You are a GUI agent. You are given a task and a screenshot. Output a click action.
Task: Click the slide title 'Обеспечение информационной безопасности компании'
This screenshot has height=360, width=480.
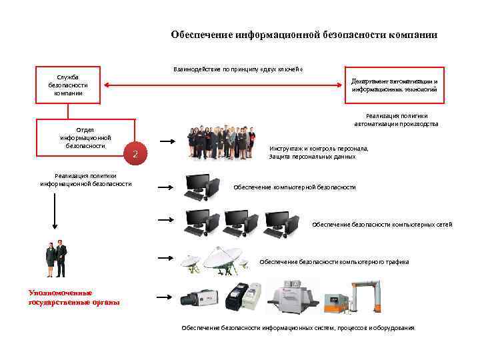click(x=304, y=35)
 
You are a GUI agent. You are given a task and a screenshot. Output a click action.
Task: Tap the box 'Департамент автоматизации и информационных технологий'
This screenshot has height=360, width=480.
click(x=394, y=85)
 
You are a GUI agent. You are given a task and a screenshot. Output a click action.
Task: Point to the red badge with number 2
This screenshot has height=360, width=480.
click(x=135, y=155)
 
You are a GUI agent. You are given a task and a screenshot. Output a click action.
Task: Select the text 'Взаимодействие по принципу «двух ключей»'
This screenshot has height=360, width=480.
click(x=238, y=68)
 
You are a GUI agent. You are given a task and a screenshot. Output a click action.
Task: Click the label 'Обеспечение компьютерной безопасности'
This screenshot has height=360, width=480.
click(x=294, y=188)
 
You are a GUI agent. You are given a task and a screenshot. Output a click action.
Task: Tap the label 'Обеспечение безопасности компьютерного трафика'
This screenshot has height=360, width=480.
click(x=333, y=262)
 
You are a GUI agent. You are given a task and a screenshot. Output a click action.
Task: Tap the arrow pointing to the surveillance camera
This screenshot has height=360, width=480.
click(x=166, y=297)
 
